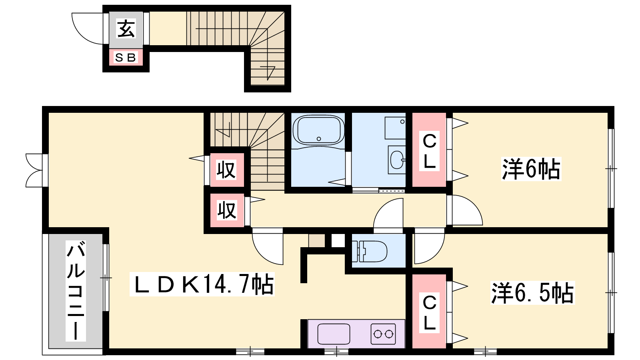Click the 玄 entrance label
[126, 28]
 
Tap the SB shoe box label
[126, 58]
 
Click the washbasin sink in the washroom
[397, 160]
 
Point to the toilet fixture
[370, 252]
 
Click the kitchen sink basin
[334, 334]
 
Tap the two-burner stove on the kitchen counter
[383, 334]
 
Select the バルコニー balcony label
[76, 291]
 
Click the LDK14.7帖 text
[202, 284]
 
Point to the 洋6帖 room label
[531, 169]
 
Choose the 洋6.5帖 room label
[532, 293]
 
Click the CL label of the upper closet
[429, 151]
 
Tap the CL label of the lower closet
[429, 313]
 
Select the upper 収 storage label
[226, 170]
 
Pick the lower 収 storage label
[227, 210]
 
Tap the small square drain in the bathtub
[319, 139]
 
